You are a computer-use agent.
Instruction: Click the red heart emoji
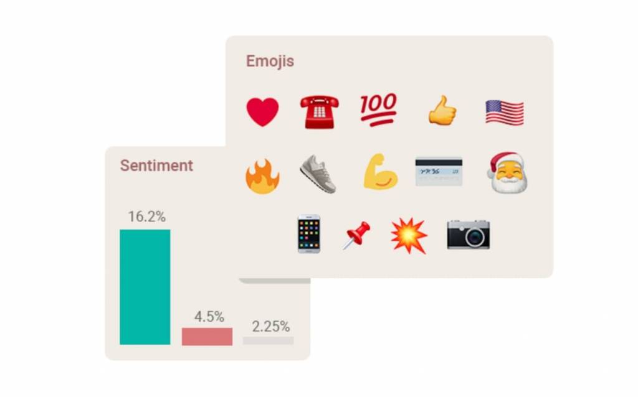point(262,112)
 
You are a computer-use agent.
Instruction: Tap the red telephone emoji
point(320,112)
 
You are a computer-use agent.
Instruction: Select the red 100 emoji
point(378,110)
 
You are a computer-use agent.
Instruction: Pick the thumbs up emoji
point(442,110)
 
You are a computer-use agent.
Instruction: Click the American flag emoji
point(505,112)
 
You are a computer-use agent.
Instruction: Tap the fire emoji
point(262,176)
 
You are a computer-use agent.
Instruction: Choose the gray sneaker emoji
point(318,174)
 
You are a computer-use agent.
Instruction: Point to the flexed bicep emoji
point(381,172)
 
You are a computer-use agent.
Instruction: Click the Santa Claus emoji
point(508,173)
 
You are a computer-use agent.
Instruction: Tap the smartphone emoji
point(309,234)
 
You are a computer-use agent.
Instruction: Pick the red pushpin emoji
point(356,235)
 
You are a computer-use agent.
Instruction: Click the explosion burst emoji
point(409,236)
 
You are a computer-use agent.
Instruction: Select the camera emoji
point(469,235)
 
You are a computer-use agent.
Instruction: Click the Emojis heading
point(270,62)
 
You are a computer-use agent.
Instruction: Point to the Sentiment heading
point(156,166)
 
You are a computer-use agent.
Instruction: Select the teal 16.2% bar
point(145,287)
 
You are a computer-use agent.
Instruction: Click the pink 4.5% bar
point(207,337)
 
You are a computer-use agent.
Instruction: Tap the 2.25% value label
point(270,326)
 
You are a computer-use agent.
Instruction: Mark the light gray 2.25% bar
point(268,340)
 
